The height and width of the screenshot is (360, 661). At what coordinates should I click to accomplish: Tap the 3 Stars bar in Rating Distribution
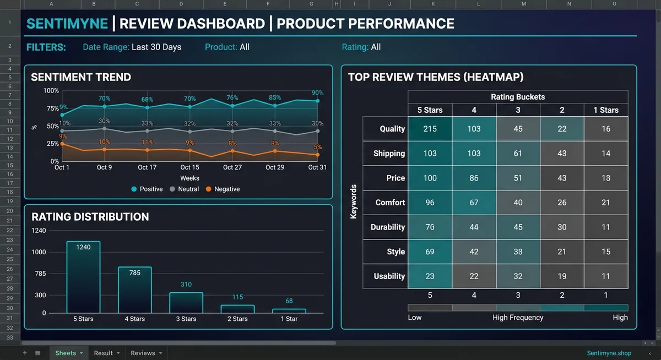click(x=186, y=302)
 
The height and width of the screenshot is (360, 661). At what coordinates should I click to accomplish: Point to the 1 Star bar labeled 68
click(x=289, y=310)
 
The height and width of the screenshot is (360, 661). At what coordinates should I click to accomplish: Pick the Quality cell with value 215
click(x=430, y=129)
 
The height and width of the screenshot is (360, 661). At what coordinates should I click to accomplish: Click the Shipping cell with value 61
click(x=518, y=154)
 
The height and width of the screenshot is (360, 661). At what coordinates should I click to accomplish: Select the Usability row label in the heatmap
click(x=389, y=276)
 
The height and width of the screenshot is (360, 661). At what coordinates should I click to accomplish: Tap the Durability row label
click(x=388, y=227)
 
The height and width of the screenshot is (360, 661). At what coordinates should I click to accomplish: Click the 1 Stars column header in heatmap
click(x=605, y=110)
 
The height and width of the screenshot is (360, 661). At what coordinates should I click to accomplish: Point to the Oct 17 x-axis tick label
click(x=147, y=167)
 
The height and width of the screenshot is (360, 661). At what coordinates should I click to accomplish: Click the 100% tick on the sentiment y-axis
click(x=51, y=91)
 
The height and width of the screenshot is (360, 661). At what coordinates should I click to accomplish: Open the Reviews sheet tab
click(x=143, y=353)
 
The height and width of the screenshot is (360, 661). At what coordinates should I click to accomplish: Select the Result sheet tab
click(x=103, y=353)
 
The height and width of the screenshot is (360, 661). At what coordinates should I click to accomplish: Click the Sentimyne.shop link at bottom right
click(x=609, y=353)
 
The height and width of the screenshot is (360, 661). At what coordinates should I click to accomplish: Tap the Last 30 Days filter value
click(x=156, y=47)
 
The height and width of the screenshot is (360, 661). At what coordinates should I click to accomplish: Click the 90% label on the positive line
click(x=317, y=93)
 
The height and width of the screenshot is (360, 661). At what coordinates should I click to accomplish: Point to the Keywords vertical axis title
click(x=354, y=202)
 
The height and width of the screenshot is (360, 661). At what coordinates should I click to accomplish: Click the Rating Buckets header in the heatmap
click(x=517, y=97)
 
